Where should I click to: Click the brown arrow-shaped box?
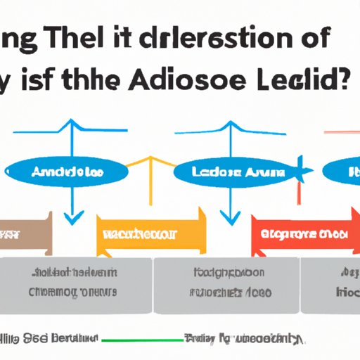[25, 232]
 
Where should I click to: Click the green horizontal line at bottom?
[141, 321]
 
